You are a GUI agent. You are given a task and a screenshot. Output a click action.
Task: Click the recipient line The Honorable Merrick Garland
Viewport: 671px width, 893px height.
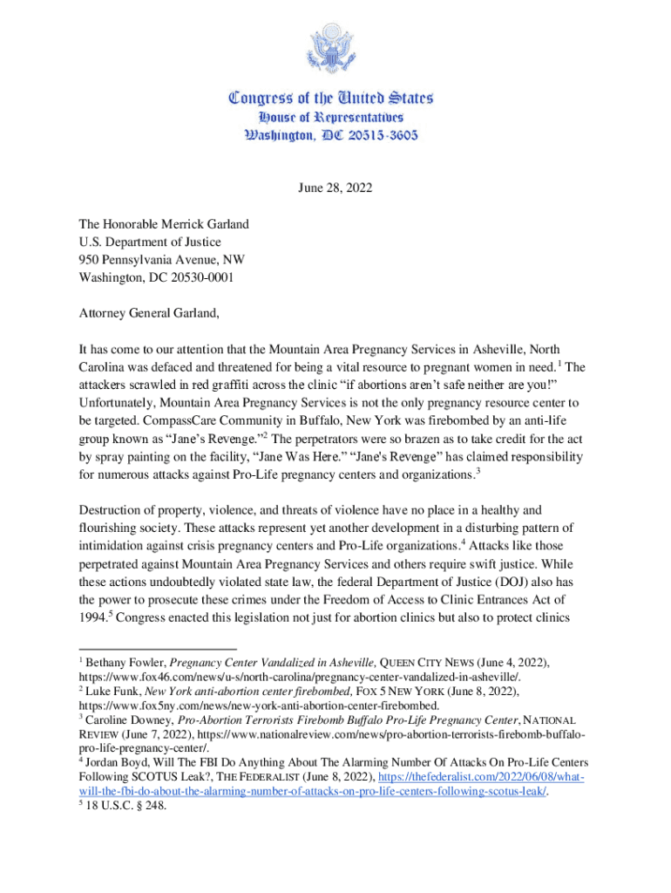click(164, 224)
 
